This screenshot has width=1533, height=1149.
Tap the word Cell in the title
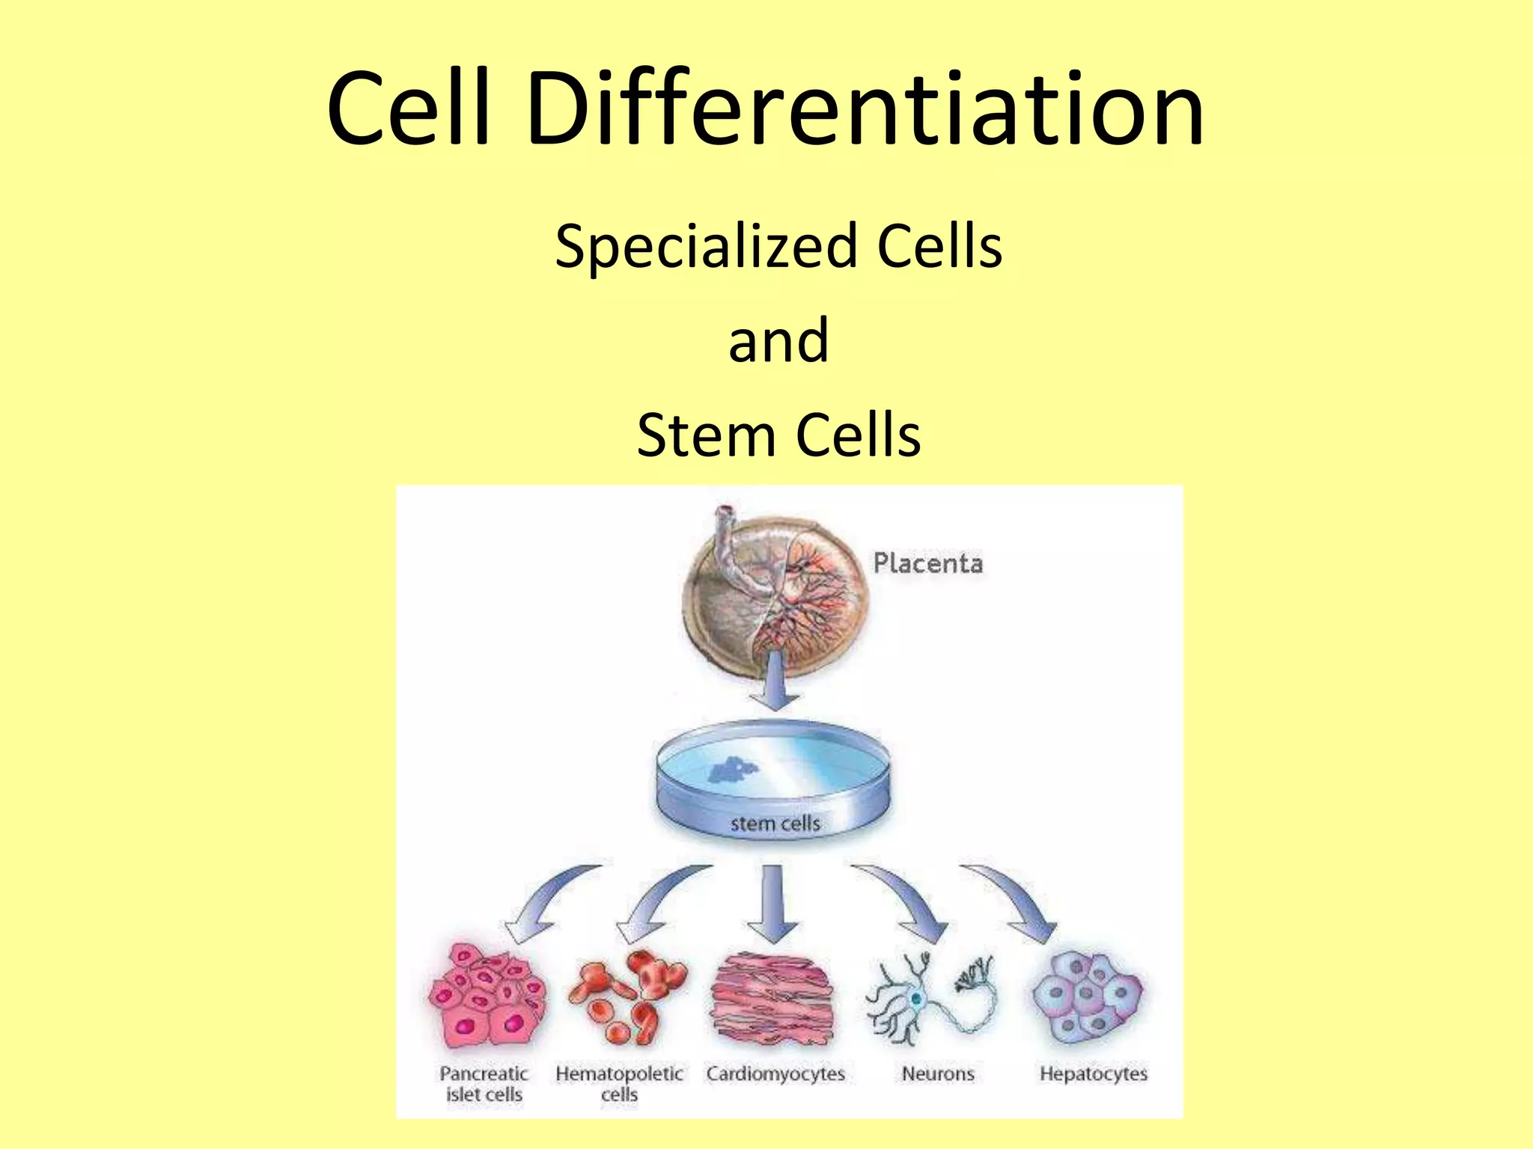tap(409, 108)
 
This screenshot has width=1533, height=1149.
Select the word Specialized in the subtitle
tap(706, 247)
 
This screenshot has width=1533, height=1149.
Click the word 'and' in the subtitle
tap(778, 340)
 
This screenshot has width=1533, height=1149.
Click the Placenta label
tap(928, 563)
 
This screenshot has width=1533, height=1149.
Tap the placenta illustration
tap(775, 591)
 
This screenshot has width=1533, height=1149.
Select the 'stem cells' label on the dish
tap(775, 824)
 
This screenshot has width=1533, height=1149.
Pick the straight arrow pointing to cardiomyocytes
tap(773, 905)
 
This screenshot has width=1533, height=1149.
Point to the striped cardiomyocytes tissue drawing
tap(772, 999)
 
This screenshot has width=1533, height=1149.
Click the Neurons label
tap(938, 1074)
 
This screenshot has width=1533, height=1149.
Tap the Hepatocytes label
tap(1093, 1074)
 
